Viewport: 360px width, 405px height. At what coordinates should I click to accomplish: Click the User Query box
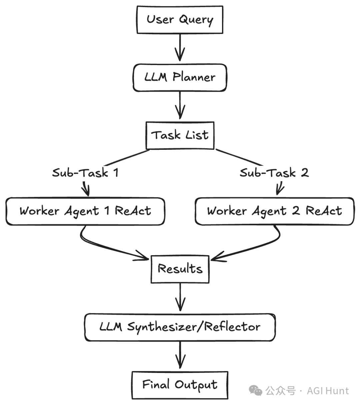[x=180, y=19]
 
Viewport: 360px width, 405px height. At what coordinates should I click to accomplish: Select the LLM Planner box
[x=180, y=77]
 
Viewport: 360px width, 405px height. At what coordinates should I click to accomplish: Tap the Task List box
[x=180, y=135]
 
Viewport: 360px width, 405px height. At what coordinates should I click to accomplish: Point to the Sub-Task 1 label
[x=85, y=173]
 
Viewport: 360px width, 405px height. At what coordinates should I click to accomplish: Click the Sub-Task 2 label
[x=274, y=173]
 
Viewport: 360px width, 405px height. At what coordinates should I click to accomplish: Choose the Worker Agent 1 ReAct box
[x=85, y=211]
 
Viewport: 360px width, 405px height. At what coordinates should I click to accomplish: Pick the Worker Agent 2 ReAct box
[x=274, y=211]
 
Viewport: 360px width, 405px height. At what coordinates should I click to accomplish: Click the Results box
[x=180, y=269]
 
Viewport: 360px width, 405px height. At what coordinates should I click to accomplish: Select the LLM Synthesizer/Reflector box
[x=180, y=327]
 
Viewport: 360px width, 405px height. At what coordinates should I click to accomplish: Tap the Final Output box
[x=180, y=385]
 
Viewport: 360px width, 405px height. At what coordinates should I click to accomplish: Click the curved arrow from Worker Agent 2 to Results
[x=253, y=249]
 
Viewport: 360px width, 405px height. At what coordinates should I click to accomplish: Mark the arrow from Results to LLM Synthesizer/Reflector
[x=180, y=297]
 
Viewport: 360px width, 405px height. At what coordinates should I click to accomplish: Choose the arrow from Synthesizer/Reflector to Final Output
[x=180, y=355]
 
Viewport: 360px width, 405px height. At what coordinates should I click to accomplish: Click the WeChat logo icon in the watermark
[x=256, y=391]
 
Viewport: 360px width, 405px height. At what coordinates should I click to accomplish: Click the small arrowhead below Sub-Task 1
[x=86, y=190]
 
